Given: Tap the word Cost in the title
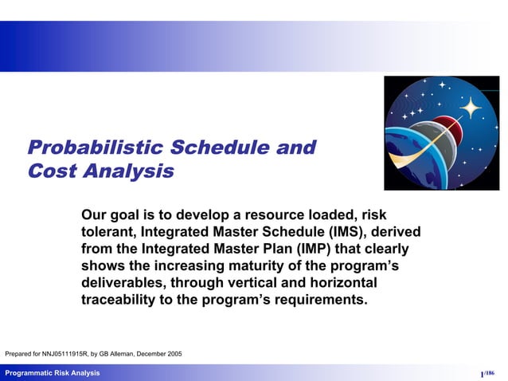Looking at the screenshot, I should pos(55,171).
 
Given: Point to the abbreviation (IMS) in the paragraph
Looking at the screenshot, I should pos(353,231).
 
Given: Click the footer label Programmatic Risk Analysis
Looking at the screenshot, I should pos(53,373).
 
